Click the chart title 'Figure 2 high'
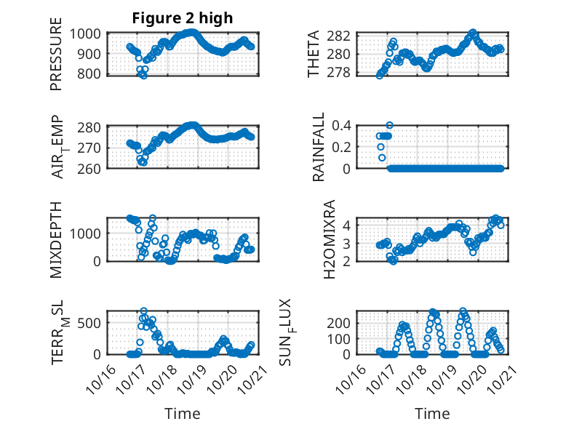coord(183,18)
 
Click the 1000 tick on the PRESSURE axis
coord(87,33)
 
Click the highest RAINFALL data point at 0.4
coord(389,125)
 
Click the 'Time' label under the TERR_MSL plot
coord(183,413)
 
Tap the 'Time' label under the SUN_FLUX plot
coord(432,413)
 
